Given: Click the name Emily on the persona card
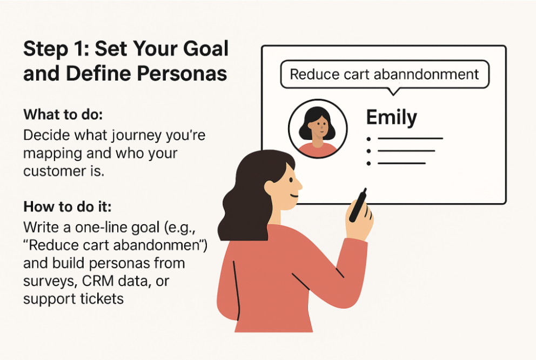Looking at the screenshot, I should (x=391, y=117).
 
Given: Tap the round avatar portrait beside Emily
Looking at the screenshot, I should (x=317, y=128).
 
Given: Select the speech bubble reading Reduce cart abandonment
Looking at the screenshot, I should (x=384, y=74).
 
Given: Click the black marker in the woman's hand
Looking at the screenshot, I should (x=358, y=205).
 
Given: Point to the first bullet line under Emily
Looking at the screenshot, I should (x=410, y=138).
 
